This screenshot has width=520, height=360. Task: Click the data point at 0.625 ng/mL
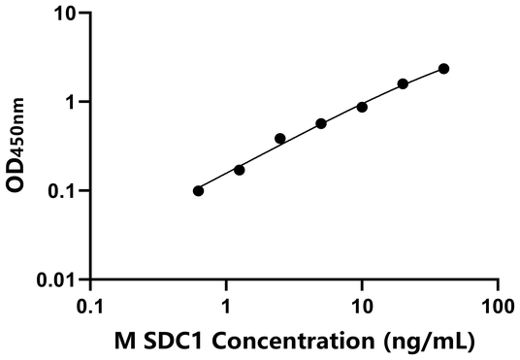[x=198, y=191]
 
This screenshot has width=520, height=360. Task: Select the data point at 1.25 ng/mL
[x=240, y=170]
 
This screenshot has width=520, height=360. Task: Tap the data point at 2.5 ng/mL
[x=280, y=139]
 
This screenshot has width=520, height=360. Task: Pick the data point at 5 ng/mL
[x=321, y=123]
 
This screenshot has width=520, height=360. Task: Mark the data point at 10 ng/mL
[x=362, y=107]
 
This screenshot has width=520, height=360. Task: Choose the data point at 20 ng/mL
[x=403, y=84]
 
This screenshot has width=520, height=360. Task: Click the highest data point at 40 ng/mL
[x=443, y=69]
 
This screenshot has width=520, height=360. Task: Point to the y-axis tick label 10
[x=64, y=14]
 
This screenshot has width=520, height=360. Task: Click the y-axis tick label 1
[x=71, y=102]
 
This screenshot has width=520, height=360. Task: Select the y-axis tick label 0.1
[x=62, y=191]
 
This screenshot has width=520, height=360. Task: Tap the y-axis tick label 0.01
[x=56, y=279]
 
